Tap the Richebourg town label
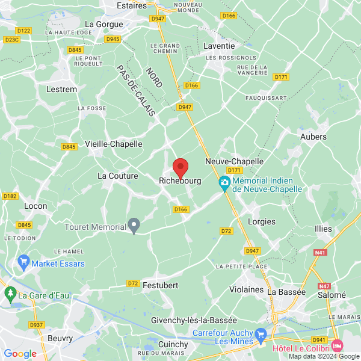click(x=180, y=180)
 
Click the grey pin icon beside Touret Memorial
click(x=135, y=226)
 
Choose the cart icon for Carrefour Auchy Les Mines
click(x=260, y=333)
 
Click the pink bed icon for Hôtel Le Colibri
click(x=337, y=347)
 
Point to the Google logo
click(x=20, y=354)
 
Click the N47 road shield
click(x=324, y=286)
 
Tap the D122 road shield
click(x=24, y=31)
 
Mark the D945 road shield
click(x=113, y=39)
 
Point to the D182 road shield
click(x=10, y=196)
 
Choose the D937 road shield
click(x=37, y=325)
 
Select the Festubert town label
click(x=161, y=285)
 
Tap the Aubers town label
click(x=313, y=137)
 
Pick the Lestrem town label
click(x=61, y=89)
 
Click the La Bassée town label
click(x=286, y=291)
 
